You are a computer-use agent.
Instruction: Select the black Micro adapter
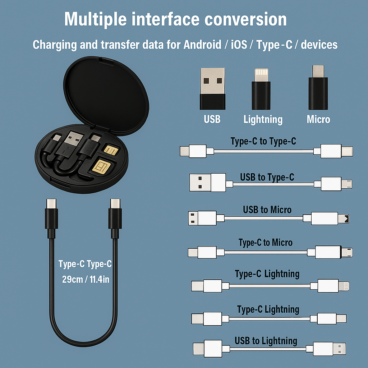click(x=318, y=88)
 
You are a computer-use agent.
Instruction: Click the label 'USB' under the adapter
click(x=212, y=119)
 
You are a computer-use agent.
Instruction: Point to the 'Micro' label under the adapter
click(x=318, y=119)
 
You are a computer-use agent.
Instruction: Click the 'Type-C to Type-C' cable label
click(x=263, y=141)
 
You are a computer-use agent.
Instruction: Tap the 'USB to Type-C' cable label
click(x=267, y=177)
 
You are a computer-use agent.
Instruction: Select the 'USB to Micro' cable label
click(x=267, y=210)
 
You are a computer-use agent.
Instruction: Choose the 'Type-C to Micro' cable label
click(x=266, y=243)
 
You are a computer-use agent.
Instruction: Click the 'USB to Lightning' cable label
click(x=266, y=341)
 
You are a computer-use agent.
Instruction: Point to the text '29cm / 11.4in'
click(x=86, y=279)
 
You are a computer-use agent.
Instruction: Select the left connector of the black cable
click(x=51, y=217)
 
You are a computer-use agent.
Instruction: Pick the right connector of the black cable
click(x=115, y=217)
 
